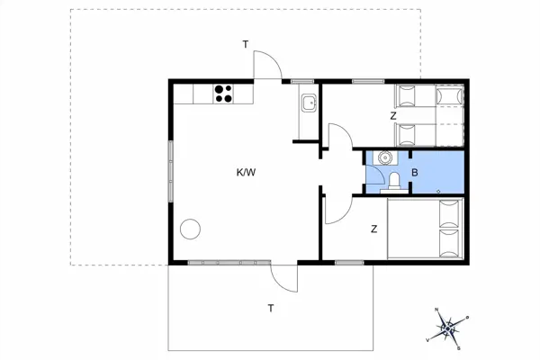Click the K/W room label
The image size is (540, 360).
(x=246, y=172)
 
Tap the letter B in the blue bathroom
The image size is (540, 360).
(x=415, y=173)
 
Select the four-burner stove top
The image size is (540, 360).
(x=223, y=94)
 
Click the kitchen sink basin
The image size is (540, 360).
(x=309, y=103)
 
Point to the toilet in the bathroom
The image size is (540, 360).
(x=394, y=181)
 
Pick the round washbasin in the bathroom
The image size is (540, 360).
(x=384, y=157)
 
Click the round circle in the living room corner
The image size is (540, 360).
(x=190, y=229)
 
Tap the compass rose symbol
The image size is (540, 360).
(x=447, y=329)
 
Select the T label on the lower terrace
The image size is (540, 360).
(x=271, y=309)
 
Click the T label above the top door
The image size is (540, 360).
(x=246, y=44)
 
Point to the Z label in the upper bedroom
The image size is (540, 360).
(x=393, y=116)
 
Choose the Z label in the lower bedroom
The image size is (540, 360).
(x=374, y=229)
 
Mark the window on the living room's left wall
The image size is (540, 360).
(x=170, y=171)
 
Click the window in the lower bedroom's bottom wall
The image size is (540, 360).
(x=349, y=263)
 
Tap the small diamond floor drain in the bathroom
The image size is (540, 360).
(x=438, y=192)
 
